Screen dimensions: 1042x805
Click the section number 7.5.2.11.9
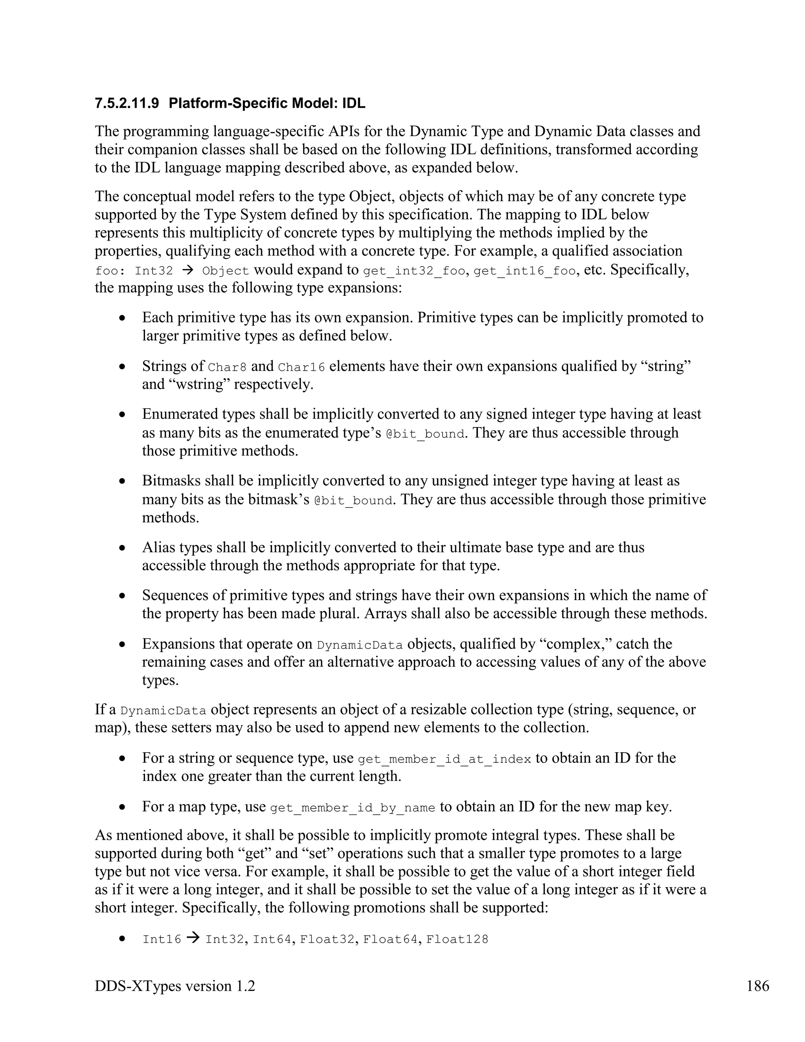point(127,103)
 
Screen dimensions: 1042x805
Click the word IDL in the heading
point(353,103)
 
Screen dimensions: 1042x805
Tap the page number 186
point(757,986)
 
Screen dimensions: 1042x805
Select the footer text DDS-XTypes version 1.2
point(175,986)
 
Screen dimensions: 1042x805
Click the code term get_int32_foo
point(414,271)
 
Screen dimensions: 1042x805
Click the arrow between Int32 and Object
point(187,271)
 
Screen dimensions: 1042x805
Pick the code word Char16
point(301,367)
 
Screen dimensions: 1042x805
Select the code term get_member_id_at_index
point(444,759)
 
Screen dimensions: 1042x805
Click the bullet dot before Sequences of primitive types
point(123,596)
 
